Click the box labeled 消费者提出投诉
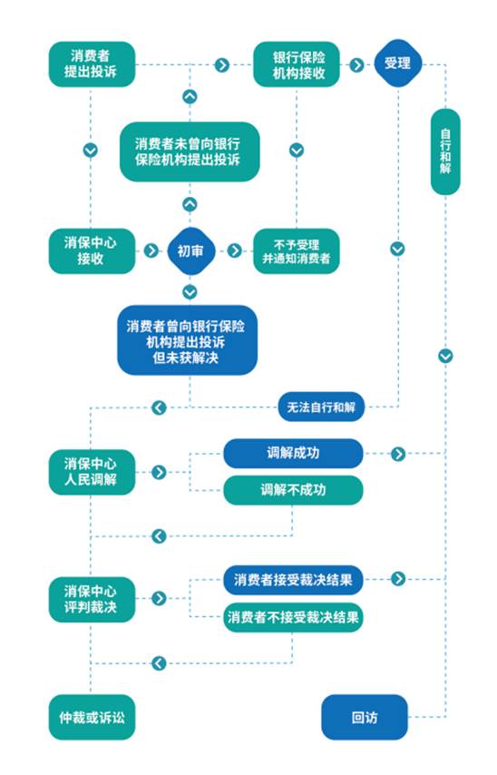pos(92,64)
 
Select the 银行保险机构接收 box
pos(297,64)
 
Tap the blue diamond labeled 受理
pos(398,64)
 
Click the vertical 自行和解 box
pos(445,152)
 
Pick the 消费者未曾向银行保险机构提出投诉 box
pos(190,152)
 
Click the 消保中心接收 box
pos(92,250)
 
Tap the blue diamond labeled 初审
pos(190,251)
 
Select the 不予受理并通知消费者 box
pos(297,250)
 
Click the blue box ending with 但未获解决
pos(187,340)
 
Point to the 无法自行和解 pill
pos(321,407)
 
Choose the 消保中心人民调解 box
pos(92,472)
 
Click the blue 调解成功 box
pos(294,453)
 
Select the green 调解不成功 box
pos(294,490)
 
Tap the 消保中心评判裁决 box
pos(92,599)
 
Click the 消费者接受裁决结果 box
pos(294,580)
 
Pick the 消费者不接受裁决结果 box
pos(294,617)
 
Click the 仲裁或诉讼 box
pos(92,717)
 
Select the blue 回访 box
pos(365,717)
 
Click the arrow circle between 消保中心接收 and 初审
pos(151,250)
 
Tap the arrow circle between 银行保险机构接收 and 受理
pos(356,64)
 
